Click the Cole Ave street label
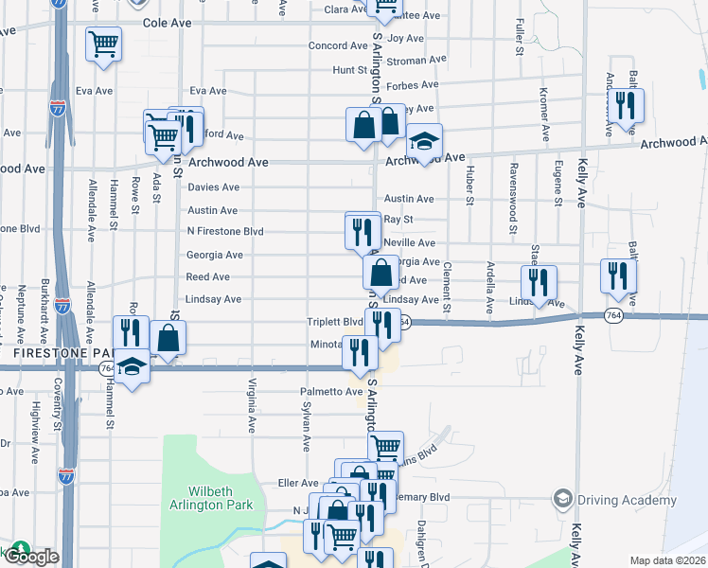pos(168,22)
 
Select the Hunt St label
pos(349,70)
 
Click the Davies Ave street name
pos(213,187)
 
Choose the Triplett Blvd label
pos(335,322)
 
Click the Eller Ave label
pos(298,483)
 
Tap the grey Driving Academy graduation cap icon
pos(563,498)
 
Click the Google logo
pos(30,557)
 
